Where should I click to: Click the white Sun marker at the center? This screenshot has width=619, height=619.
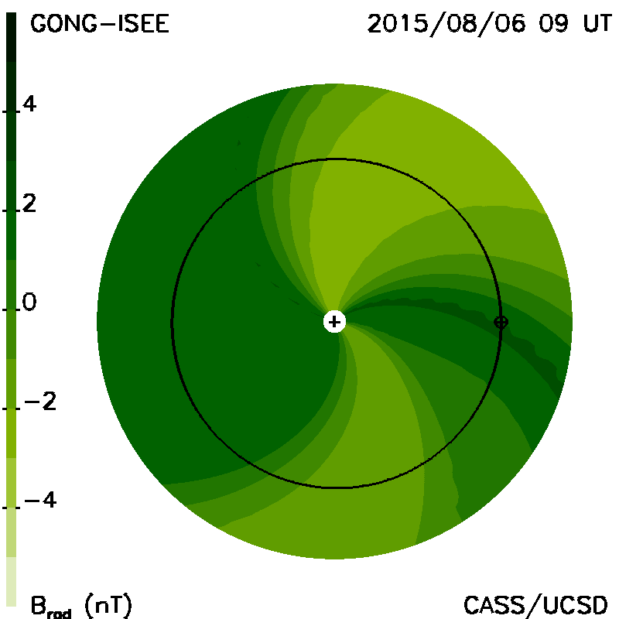334,322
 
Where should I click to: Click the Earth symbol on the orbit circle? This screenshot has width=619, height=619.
501,322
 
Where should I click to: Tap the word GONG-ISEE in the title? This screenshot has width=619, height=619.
100,23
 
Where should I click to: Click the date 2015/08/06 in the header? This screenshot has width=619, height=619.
446,23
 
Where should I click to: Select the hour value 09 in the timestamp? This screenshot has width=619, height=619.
553,23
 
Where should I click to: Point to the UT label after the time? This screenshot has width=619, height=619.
597,23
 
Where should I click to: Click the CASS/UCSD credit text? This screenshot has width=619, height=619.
535,605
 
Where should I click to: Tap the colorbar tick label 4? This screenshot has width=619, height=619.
29,104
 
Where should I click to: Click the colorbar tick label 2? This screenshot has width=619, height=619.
29,203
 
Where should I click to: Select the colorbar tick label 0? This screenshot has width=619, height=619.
29,302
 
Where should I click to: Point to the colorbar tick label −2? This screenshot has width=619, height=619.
40,402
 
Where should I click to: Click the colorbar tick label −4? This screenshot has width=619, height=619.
40,500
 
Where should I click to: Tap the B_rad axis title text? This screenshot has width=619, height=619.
51,607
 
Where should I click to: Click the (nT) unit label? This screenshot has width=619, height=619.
108,605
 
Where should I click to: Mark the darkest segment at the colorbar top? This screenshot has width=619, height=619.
12,37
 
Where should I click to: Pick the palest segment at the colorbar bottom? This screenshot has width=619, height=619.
12,582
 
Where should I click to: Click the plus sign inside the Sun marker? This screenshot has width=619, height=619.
334,322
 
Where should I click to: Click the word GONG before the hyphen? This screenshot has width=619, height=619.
63,23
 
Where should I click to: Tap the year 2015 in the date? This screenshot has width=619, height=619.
398,23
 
